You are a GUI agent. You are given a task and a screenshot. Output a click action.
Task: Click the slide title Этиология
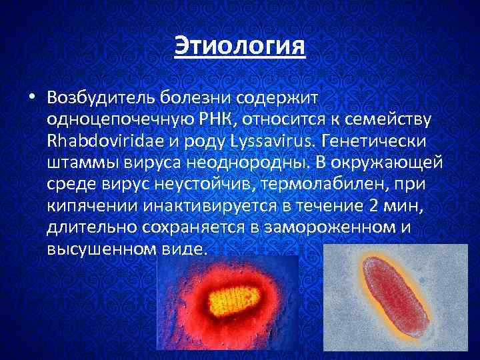pos(239,47)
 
